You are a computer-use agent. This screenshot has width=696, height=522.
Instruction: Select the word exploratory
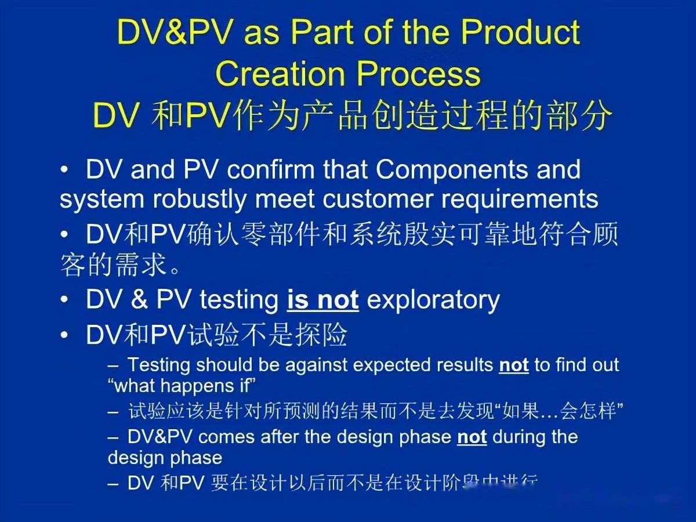click(433, 300)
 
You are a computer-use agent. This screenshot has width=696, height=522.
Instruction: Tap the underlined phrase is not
click(322, 300)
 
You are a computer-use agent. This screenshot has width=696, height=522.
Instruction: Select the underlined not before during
click(472, 437)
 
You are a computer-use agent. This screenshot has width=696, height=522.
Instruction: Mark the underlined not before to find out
click(513, 365)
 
